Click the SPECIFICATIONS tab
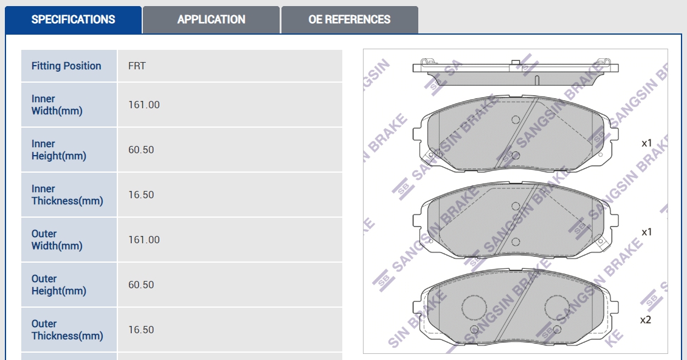click(73, 19)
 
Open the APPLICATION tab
click(211, 19)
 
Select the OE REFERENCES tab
click(349, 19)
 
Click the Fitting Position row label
click(66, 66)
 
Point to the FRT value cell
click(137, 66)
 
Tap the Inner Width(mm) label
click(57, 105)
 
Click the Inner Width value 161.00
click(143, 105)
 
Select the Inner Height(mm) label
click(59, 150)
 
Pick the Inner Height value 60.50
click(141, 150)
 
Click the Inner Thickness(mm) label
click(67, 195)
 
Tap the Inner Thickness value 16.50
click(141, 195)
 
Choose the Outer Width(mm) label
click(57, 240)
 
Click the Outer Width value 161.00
click(143, 240)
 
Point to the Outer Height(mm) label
click(59, 285)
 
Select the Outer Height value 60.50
click(141, 285)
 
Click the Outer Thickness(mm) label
click(67, 330)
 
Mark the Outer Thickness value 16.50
click(141, 330)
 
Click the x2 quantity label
click(646, 320)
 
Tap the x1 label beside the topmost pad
click(647, 143)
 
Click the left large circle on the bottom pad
click(474, 307)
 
